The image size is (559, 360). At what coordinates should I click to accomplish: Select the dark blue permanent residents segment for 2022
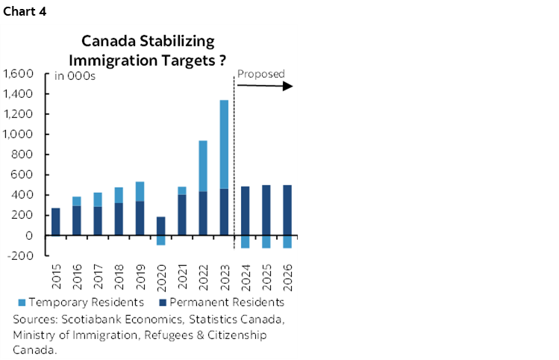click(202, 214)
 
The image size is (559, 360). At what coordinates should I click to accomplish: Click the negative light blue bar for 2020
click(160, 240)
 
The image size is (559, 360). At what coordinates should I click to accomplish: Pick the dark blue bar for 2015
click(55, 221)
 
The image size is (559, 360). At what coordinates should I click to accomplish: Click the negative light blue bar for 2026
click(287, 241)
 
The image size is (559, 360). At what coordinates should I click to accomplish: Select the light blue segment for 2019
click(140, 191)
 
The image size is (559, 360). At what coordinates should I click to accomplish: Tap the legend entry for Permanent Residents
click(222, 302)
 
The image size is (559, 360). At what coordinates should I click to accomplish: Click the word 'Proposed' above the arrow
click(260, 74)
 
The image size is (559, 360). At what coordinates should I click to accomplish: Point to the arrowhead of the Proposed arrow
click(289, 86)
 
